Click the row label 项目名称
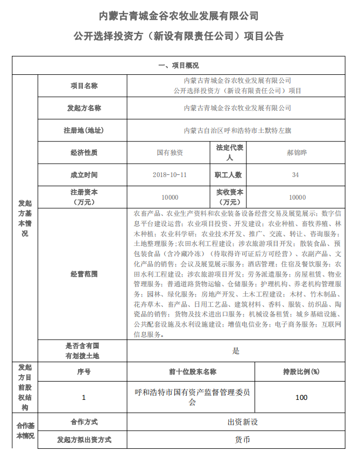click(x=84, y=86)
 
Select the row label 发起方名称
click(x=84, y=108)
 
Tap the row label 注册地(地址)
click(x=84, y=130)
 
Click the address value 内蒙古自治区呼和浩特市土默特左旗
click(x=237, y=130)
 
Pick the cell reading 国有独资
click(x=170, y=152)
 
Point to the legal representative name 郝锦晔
click(x=296, y=152)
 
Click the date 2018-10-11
click(x=170, y=175)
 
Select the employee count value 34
click(x=295, y=175)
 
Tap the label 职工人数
click(x=229, y=175)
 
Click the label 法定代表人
click(x=229, y=152)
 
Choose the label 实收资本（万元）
click(x=229, y=197)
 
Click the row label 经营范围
click(x=84, y=274)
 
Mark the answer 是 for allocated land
click(x=236, y=351)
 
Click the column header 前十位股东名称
click(x=192, y=372)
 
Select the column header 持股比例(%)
click(x=301, y=372)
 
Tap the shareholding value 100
click(x=301, y=397)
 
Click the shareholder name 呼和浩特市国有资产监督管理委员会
click(x=192, y=397)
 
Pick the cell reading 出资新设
click(x=243, y=422)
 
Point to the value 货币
click(x=243, y=440)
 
